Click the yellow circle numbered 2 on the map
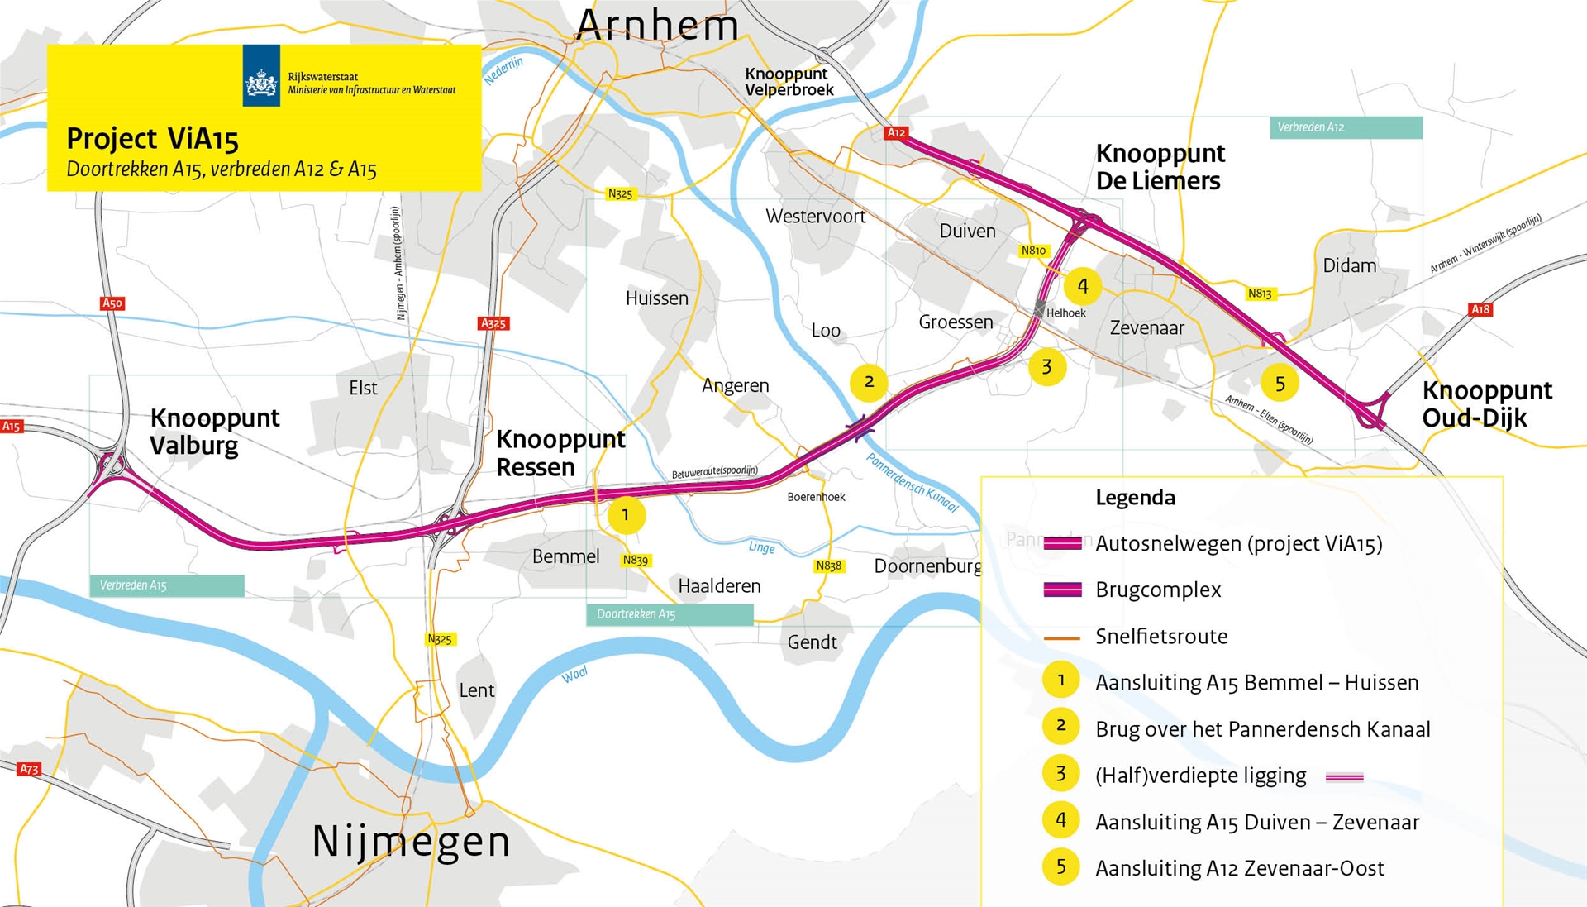869,382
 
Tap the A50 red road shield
112,303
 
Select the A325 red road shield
493,323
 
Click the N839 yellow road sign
636,560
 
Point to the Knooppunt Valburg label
214,432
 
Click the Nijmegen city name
411,842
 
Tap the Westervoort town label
815,217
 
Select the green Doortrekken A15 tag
670,614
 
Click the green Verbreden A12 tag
1345,127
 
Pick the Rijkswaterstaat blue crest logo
261,76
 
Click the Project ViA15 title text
152,139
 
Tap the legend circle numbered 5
1061,866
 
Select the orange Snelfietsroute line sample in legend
1062,637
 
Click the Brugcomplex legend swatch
1062,590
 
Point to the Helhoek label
1065,313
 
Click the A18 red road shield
1480,309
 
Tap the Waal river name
574,675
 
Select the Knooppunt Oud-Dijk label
1486,403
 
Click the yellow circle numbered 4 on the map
1082,286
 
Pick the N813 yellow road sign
1260,294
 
